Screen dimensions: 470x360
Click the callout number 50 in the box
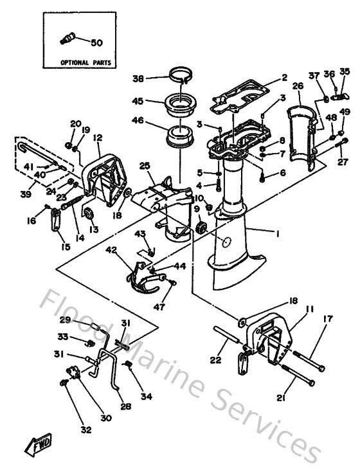[96, 42]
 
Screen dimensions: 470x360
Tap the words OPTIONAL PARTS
[85, 63]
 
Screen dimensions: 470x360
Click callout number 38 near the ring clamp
[138, 78]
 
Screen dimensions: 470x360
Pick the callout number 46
[138, 120]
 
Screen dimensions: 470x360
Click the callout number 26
[298, 86]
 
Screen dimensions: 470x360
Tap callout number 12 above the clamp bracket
[98, 137]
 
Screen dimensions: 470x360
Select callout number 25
[144, 167]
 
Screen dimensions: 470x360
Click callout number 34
[147, 397]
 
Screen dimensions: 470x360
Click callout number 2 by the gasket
[283, 78]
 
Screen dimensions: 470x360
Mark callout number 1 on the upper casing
[278, 235]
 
